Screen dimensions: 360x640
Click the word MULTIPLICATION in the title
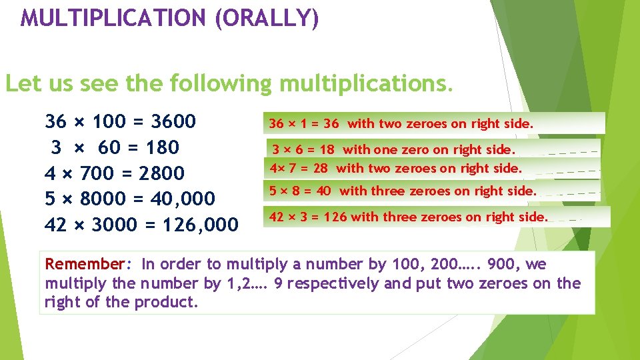[x=113, y=17]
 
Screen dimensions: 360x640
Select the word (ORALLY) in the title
[x=267, y=18]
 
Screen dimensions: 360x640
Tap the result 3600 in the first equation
[x=174, y=121]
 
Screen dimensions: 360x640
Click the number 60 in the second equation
[x=110, y=147]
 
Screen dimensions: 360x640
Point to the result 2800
[x=162, y=173]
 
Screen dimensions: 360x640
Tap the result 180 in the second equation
[x=163, y=147]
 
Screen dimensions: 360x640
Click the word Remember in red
[x=85, y=263]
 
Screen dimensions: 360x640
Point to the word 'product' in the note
[x=165, y=302]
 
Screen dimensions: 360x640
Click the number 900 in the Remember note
[x=501, y=263]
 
